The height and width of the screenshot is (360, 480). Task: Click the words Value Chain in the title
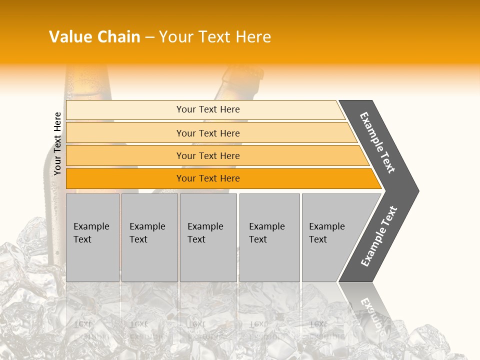click(94, 37)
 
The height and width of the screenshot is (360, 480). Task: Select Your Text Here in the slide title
click(215, 37)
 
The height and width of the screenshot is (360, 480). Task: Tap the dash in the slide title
click(149, 37)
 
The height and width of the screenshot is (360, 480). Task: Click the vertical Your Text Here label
click(58, 143)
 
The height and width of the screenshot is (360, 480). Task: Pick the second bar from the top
click(207, 133)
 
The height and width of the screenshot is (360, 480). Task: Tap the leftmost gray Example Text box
click(92, 237)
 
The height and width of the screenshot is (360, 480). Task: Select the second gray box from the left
click(149, 237)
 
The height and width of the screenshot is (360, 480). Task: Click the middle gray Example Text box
click(208, 237)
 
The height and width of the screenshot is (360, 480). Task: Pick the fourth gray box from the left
click(269, 237)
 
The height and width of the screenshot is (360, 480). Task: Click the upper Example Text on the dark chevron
click(377, 142)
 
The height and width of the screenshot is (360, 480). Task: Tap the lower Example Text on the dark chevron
click(378, 236)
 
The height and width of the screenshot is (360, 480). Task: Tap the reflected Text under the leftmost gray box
click(83, 324)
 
